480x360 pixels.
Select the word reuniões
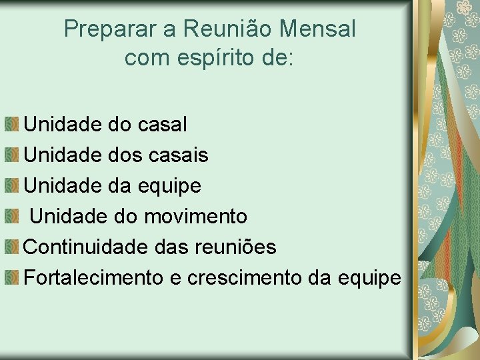(234, 247)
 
